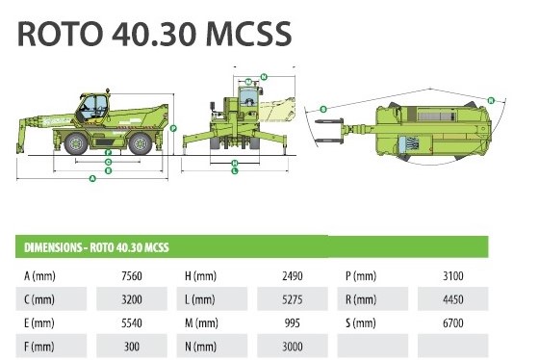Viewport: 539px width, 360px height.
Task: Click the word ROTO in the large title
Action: [60, 34]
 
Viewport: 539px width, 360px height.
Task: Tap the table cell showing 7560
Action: [132, 276]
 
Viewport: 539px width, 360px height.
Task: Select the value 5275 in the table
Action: [293, 299]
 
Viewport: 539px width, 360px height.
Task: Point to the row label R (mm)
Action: [361, 299]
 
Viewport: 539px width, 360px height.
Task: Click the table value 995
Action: [293, 322]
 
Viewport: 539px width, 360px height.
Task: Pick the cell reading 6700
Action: [453, 322]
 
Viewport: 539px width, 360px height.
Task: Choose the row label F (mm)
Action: [39, 347]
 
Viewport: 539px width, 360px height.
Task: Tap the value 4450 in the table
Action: [453, 299]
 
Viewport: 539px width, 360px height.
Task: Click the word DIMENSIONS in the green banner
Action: [53, 247]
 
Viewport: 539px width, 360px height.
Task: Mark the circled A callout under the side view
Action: [92, 178]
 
